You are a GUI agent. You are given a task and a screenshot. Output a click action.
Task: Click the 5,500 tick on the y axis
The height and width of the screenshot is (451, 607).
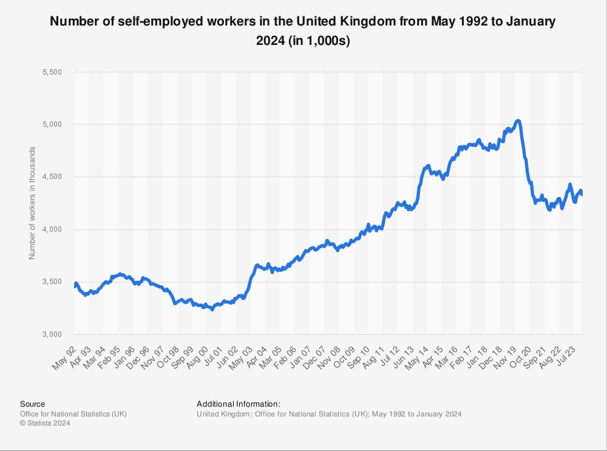click(53, 72)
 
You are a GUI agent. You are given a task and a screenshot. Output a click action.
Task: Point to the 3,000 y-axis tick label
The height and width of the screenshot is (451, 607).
click(53, 334)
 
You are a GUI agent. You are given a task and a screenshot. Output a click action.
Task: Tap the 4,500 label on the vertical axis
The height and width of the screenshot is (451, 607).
click(53, 177)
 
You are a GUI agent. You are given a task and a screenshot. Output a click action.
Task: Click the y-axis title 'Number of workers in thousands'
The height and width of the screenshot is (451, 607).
click(32, 203)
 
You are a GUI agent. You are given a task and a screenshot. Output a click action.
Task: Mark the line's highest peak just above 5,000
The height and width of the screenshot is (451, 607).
click(517, 121)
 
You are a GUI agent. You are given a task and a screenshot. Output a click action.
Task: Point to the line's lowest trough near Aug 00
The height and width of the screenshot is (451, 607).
click(212, 309)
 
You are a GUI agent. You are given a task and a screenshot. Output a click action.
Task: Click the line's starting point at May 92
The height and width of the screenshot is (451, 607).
click(75, 286)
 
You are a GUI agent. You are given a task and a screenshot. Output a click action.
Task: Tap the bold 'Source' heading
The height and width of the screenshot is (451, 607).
click(32, 404)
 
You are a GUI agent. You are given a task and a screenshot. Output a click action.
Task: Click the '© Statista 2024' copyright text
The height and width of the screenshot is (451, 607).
click(45, 424)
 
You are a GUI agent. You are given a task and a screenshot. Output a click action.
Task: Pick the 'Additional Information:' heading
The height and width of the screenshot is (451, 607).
click(238, 404)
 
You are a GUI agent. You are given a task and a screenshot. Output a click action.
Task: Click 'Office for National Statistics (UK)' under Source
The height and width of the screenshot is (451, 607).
click(73, 414)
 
